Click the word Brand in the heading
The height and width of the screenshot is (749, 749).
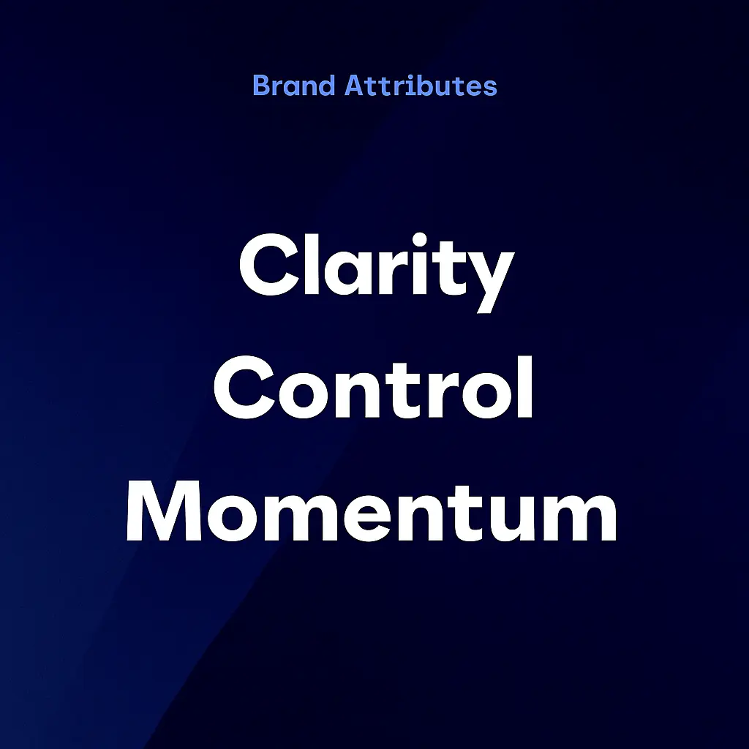click(x=294, y=86)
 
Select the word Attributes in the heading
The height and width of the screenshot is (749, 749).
click(x=421, y=86)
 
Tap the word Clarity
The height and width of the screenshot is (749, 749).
click(x=377, y=273)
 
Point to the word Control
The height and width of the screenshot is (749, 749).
click(x=373, y=387)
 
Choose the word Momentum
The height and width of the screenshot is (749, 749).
click(x=372, y=511)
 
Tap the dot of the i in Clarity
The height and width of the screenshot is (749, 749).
click(x=419, y=239)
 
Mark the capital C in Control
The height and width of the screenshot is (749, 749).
click(x=245, y=387)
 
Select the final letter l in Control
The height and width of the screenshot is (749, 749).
click(x=525, y=386)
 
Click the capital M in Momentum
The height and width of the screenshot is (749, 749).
click(x=164, y=511)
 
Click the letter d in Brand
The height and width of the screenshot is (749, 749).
click(x=325, y=86)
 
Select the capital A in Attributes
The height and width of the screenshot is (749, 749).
click(x=355, y=86)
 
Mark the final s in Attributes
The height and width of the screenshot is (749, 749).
click(x=489, y=89)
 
